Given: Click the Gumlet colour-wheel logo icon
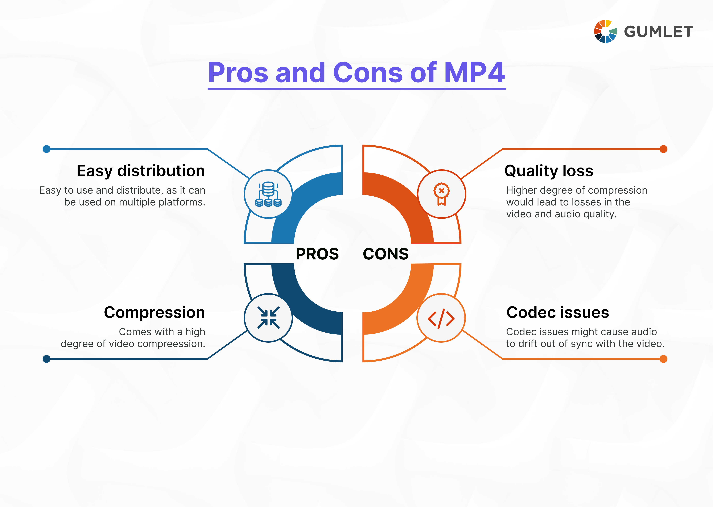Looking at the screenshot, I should tap(605, 31).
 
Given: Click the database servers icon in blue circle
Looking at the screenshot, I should tap(268, 194).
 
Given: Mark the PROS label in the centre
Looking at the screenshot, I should tap(317, 254).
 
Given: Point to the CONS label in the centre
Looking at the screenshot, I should tap(386, 254).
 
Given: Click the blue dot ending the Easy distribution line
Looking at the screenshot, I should tap(47, 149).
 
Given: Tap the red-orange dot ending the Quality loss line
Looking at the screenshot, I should tap(663, 149).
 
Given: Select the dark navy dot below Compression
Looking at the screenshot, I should tap(47, 359).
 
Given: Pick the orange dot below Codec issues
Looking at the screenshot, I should tap(663, 359).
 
